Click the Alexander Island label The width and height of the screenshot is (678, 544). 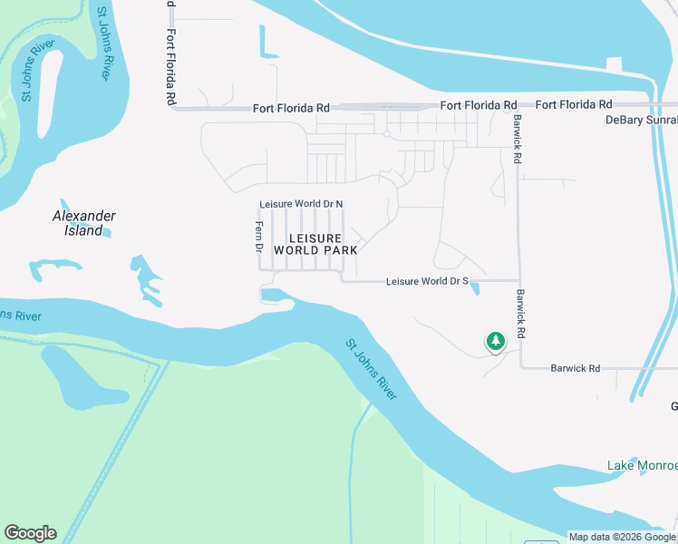tap(83, 223)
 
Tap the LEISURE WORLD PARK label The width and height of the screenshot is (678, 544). tap(315, 243)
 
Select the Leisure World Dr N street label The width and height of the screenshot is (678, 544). tap(301, 204)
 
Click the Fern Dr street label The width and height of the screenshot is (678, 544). tap(258, 236)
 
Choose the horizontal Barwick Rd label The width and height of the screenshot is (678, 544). tap(576, 368)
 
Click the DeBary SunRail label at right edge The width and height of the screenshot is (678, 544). tap(641, 120)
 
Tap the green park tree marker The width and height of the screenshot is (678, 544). tap(495, 341)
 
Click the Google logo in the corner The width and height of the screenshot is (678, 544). tap(30, 533)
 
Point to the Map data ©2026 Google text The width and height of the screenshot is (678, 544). tap(622, 537)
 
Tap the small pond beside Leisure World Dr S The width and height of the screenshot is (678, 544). tap(473, 288)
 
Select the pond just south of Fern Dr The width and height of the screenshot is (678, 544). tap(275, 296)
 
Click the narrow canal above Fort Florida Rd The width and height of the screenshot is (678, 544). tap(266, 43)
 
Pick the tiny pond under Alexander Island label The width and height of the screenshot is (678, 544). tap(106, 234)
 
